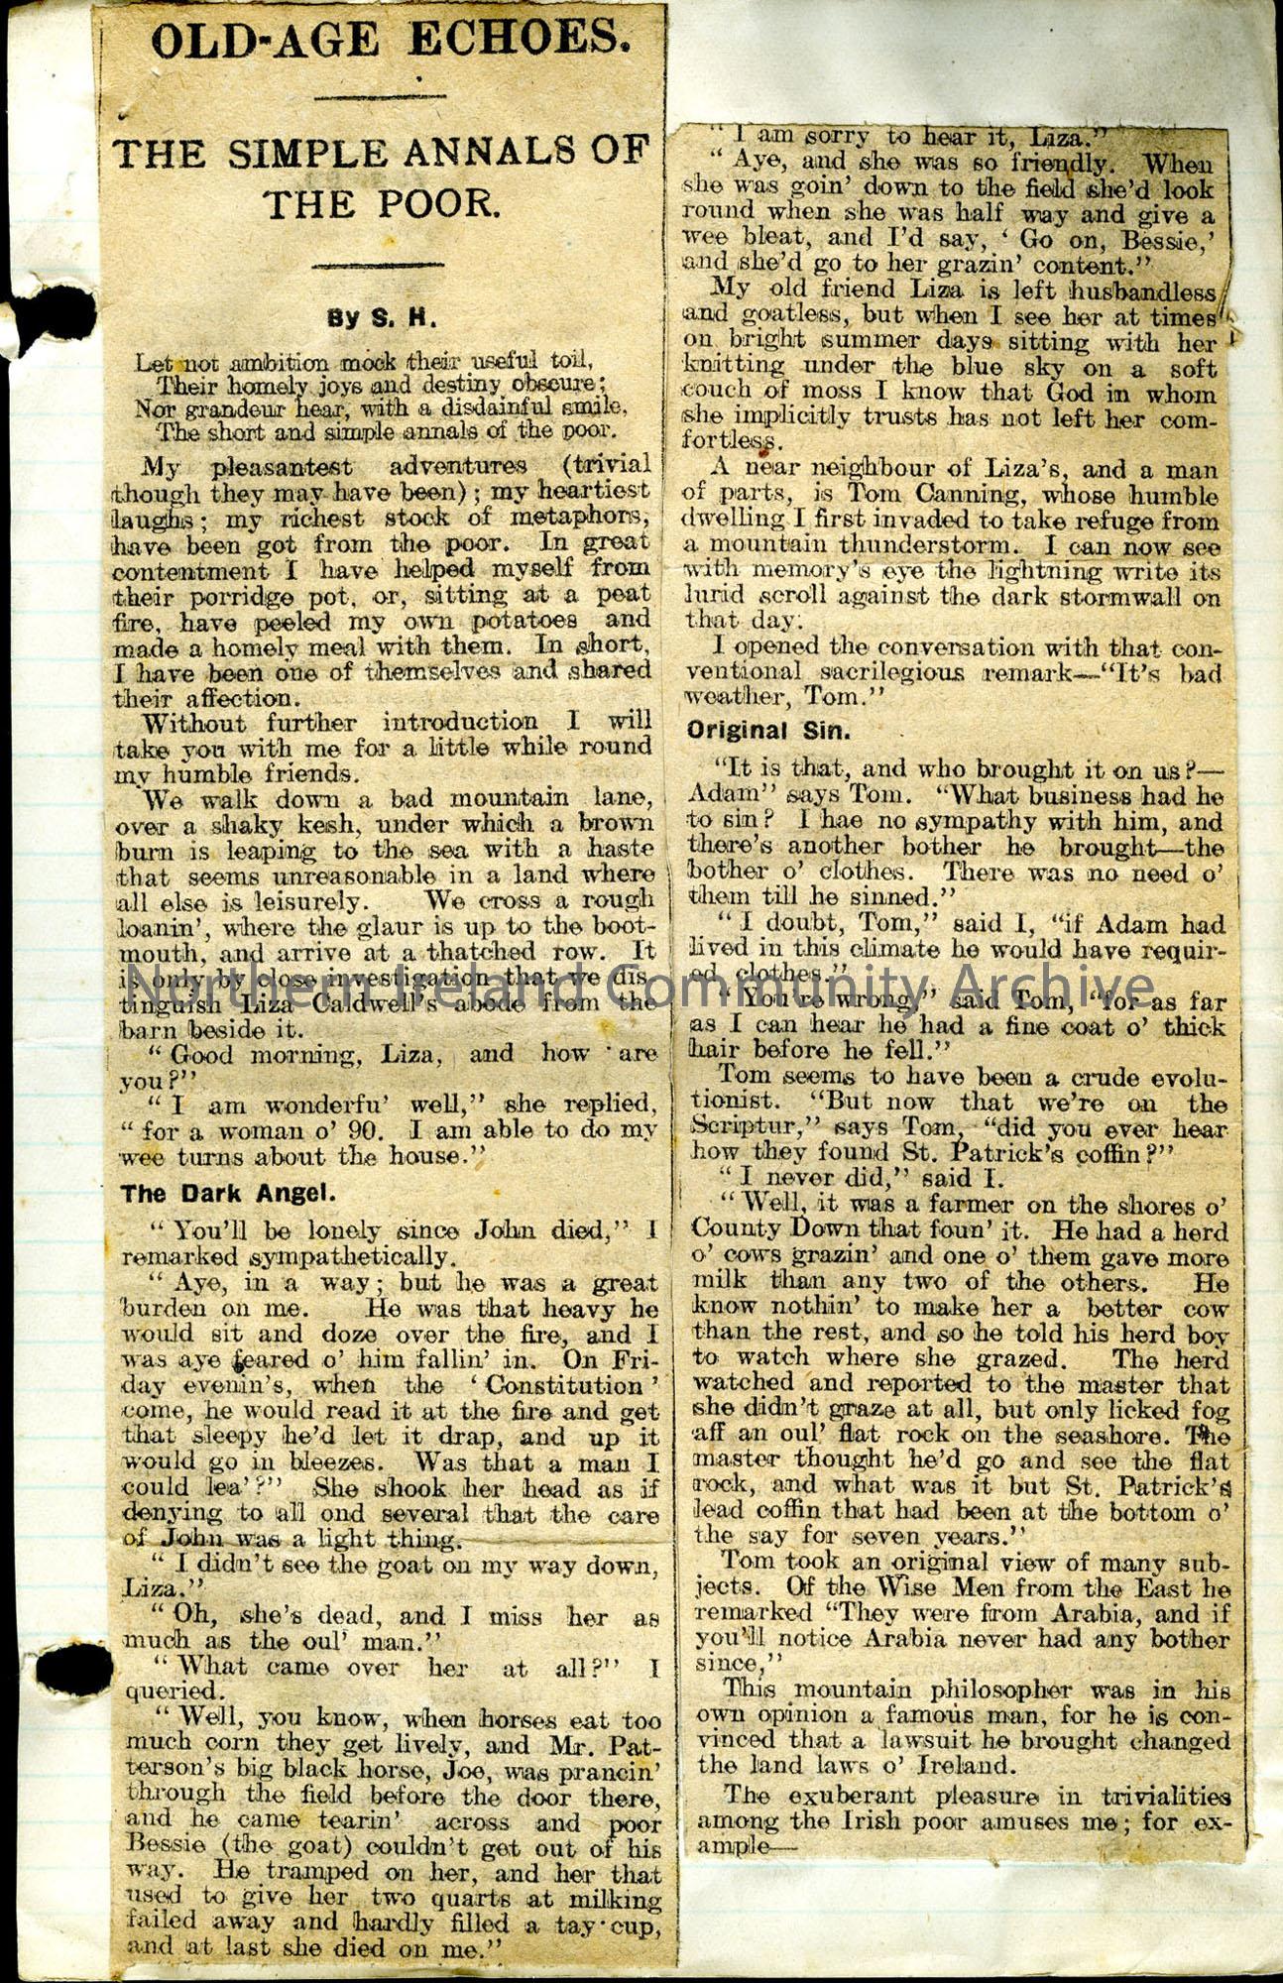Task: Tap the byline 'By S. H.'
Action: [x=382, y=319]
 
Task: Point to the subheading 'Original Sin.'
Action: [x=767, y=732]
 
